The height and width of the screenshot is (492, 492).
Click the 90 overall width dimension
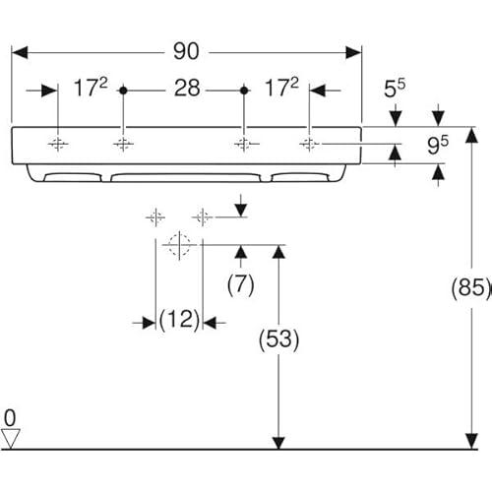186,51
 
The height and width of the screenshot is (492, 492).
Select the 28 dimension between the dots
187,89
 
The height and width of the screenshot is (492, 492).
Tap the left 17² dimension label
91,88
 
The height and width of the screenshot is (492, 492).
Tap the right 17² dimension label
281,88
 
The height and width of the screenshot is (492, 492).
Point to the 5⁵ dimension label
395,89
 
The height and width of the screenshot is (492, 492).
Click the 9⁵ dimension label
438,146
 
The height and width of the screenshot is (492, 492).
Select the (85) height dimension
471,287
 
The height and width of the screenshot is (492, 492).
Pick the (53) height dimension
278,339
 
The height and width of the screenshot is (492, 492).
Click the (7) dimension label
241,284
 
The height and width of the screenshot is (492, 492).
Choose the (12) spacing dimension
179,320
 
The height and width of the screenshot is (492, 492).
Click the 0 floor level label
10,418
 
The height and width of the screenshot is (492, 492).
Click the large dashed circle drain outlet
179,245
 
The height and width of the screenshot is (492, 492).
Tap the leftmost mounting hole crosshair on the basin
58,144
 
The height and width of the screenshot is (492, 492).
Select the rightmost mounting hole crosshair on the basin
309,144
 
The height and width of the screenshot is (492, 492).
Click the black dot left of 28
123,91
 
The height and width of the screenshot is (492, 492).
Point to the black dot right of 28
244,91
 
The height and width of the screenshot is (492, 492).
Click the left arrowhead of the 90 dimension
20,52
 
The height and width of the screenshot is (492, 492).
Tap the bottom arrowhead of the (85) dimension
471,441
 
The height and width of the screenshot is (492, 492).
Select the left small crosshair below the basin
155,217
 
